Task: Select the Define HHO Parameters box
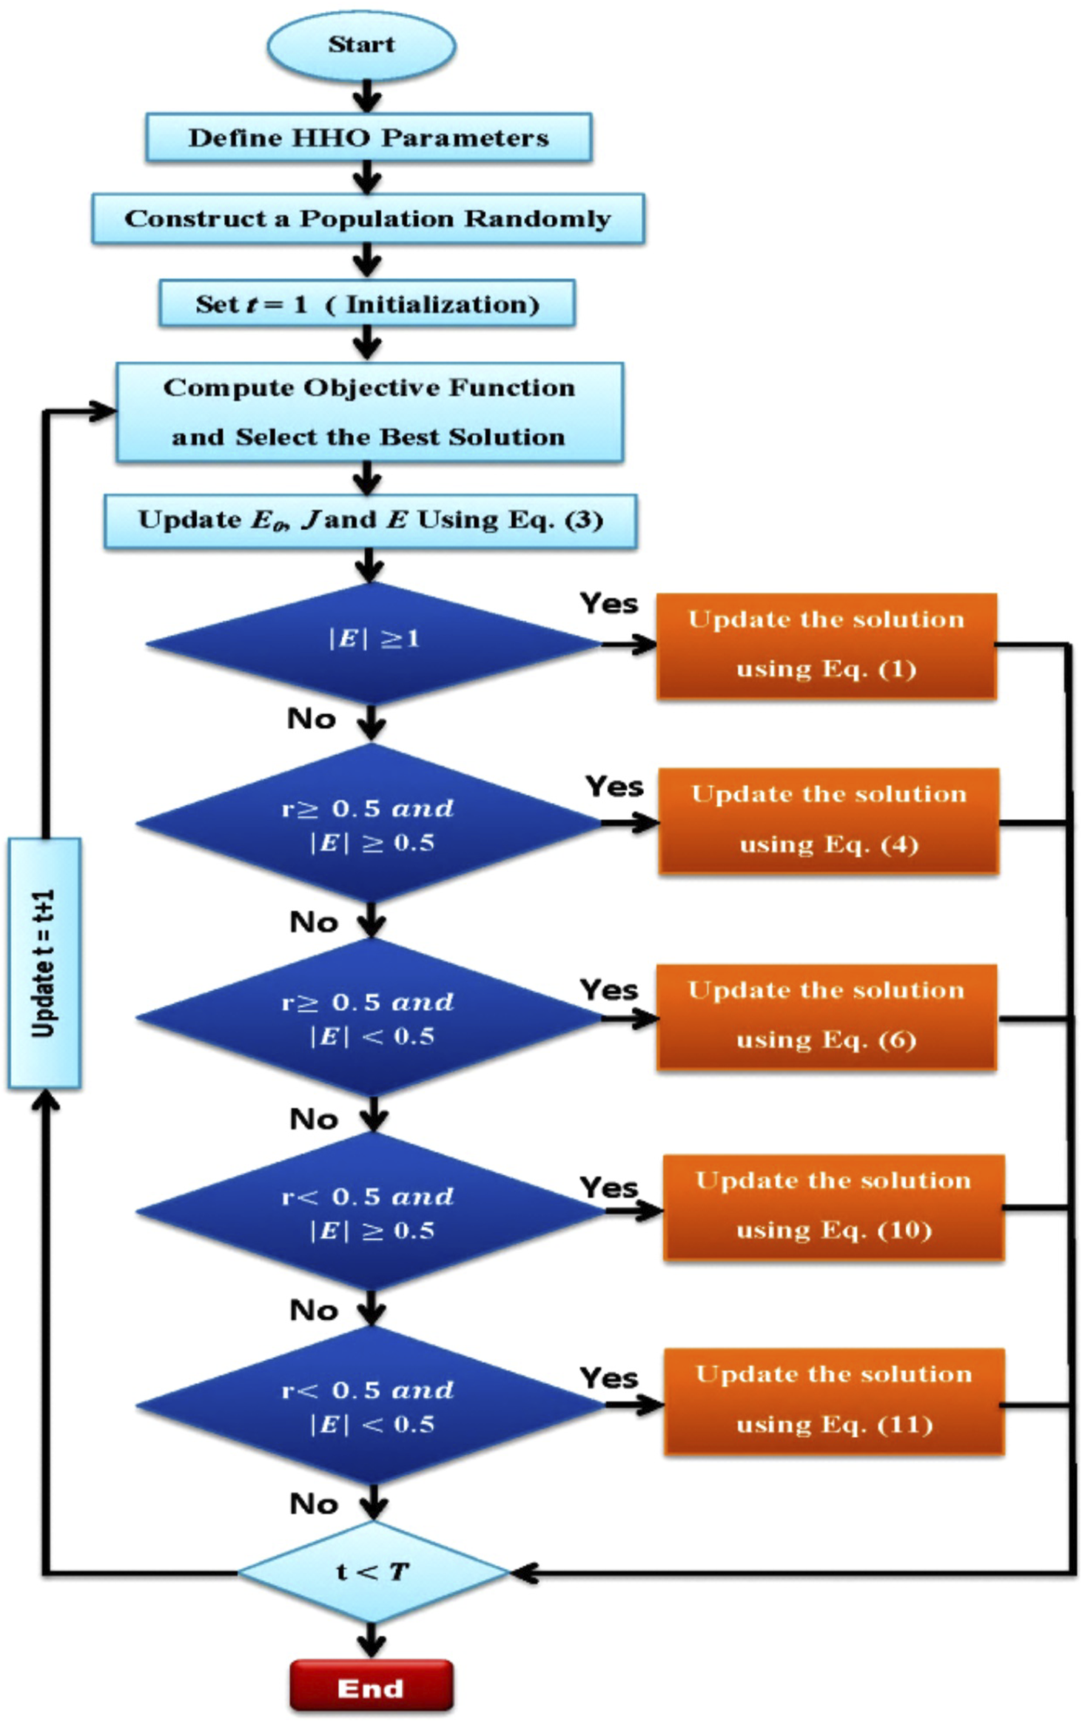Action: pyautogui.click(x=369, y=138)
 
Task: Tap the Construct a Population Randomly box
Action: pyautogui.click(x=368, y=219)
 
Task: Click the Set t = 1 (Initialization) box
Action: pyautogui.click(x=367, y=303)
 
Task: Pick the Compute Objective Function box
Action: pyautogui.click(x=369, y=412)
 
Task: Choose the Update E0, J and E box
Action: pyautogui.click(x=370, y=520)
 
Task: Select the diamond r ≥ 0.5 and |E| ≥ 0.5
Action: pyautogui.click(x=369, y=823)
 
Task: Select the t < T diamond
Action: pyautogui.click(x=372, y=1572)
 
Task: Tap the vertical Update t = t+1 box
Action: pyautogui.click(x=44, y=962)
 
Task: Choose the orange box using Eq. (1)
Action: pyautogui.click(x=826, y=645)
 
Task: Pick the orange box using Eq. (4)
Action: pyautogui.click(x=828, y=820)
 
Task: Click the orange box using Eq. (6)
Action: pyautogui.click(x=826, y=1016)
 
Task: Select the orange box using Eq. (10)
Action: pyautogui.click(x=833, y=1206)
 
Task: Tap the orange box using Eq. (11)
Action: pyautogui.click(x=833, y=1401)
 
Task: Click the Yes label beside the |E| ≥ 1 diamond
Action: pyautogui.click(x=608, y=603)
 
